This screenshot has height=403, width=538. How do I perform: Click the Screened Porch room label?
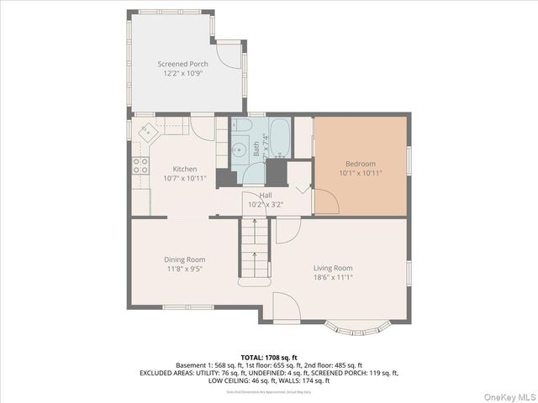(x=182, y=64)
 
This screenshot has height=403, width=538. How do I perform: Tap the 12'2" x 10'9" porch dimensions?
(x=182, y=73)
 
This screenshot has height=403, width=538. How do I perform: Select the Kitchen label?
(x=184, y=169)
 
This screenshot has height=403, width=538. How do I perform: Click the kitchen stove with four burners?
(x=140, y=165)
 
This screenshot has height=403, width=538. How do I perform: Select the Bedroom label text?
(x=361, y=163)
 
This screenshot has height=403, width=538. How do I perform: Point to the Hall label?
(x=265, y=195)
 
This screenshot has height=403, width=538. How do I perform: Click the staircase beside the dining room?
(x=254, y=249)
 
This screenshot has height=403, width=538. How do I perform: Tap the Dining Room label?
(x=184, y=259)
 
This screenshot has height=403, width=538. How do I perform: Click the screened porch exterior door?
(x=228, y=54)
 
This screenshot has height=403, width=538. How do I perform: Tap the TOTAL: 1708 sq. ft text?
(x=269, y=357)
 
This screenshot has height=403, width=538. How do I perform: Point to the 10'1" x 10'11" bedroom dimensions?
(x=361, y=173)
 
